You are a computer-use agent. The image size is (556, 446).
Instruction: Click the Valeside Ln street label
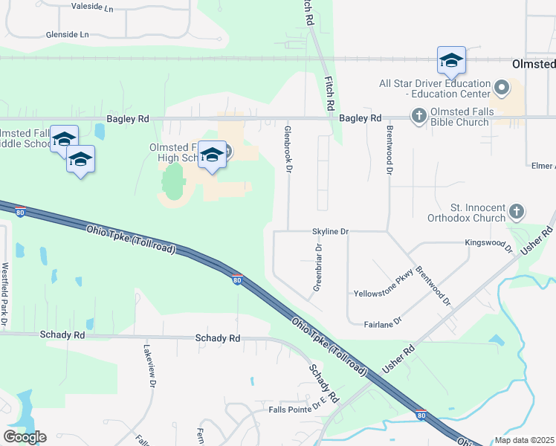(92, 7)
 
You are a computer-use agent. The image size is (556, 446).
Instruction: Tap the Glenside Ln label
(67, 35)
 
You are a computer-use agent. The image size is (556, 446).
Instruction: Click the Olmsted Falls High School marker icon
(212, 155)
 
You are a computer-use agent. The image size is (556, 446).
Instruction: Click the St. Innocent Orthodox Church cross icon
(517, 212)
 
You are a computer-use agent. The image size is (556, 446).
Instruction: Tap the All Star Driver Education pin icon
(502, 89)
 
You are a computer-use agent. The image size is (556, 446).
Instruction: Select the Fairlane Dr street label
(383, 321)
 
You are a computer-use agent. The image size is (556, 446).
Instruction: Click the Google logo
(25, 436)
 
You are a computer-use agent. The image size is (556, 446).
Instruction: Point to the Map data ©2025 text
(525, 440)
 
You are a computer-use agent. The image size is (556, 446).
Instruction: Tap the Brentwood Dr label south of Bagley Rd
(389, 149)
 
